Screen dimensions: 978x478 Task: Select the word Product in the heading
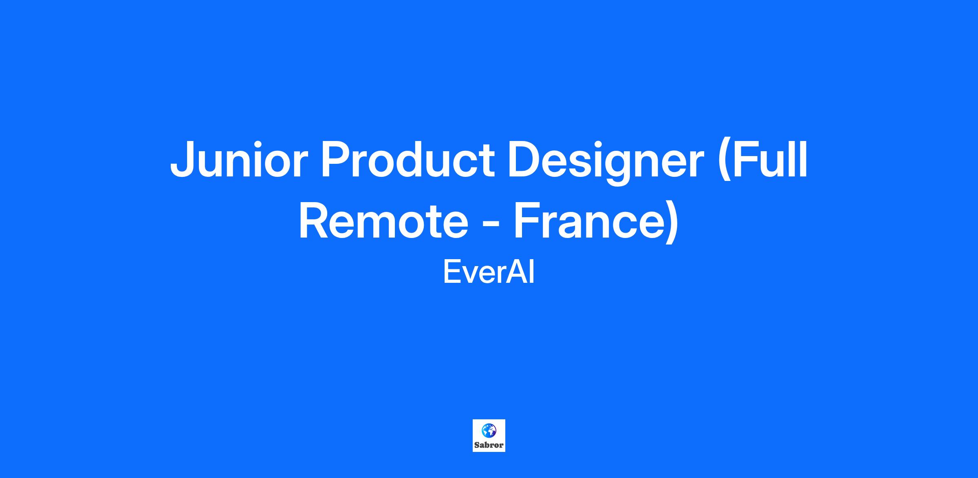[408, 159]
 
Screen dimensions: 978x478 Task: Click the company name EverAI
[489, 272]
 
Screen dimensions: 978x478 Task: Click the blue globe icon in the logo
[489, 430]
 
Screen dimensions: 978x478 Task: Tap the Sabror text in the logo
[489, 445]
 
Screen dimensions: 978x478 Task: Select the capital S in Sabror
[477, 445]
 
